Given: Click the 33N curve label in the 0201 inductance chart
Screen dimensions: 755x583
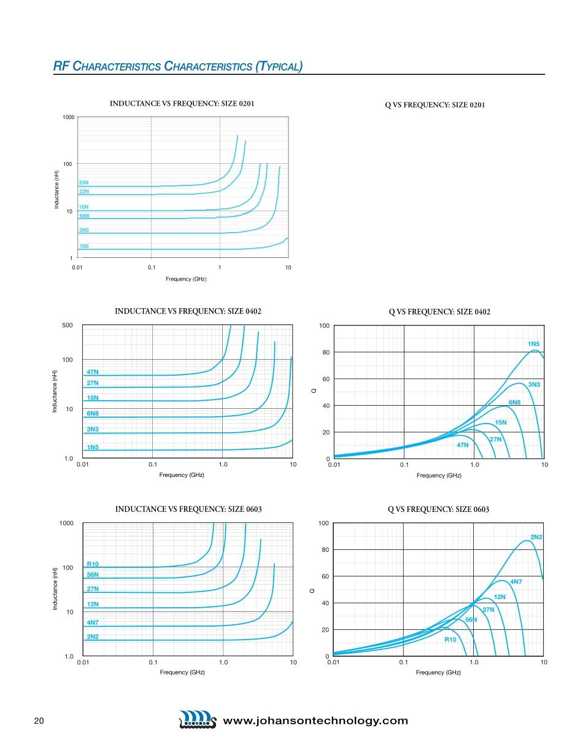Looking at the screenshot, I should click(x=83, y=183).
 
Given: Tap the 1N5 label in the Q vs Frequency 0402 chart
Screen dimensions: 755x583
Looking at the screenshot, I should click(x=533, y=344).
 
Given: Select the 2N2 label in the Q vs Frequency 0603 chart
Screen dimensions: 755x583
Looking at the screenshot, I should click(x=536, y=537).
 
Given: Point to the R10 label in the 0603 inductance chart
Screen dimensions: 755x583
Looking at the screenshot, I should click(x=93, y=563).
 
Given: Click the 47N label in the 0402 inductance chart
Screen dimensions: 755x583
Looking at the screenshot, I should click(x=93, y=372).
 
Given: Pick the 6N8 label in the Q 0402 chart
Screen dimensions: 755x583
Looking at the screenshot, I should click(x=514, y=402).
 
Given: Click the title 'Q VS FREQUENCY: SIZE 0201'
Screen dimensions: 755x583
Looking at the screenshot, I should click(x=434, y=105).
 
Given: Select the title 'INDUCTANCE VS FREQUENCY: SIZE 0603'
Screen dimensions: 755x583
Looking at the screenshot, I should click(x=188, y=509).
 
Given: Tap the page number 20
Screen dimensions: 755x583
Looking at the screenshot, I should click(x=38, y=721).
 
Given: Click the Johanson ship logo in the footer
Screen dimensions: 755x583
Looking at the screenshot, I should click(x=197, y=720).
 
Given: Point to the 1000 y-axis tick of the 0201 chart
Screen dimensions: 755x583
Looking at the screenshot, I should click(x=68, y=117).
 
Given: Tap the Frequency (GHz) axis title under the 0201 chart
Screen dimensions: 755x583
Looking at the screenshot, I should click(x=186, y=279).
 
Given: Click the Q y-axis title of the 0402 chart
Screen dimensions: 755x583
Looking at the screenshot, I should click(x=314, y=392).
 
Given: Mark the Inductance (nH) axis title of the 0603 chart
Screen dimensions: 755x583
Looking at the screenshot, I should click(x=55, y=589).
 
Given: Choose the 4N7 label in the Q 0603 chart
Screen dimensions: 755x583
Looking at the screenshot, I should click(x=516, y=581).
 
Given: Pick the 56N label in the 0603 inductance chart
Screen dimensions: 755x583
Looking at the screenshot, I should click(x=93, y=575).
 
